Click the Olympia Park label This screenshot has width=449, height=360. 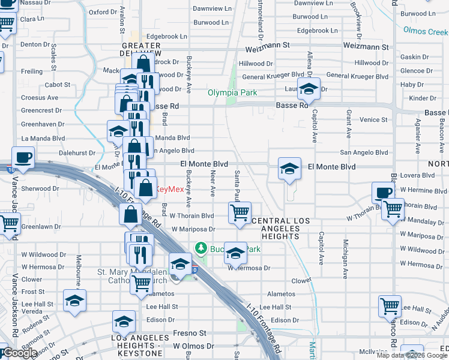point(232,93)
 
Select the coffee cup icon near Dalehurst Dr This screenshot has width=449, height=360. point(23,158)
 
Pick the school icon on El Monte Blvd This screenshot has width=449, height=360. point(289,169)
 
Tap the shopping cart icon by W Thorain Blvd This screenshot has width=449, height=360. point(240,212)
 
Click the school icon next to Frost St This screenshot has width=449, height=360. point(75,301)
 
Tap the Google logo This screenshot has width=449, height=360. point(20,353)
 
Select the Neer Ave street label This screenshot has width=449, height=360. point(212,182)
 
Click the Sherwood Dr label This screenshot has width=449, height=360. point(40,188)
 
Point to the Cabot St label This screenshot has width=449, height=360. point(58,85)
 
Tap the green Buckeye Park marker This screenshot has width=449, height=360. point(200,248)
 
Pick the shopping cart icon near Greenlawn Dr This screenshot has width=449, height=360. point(10,224)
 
